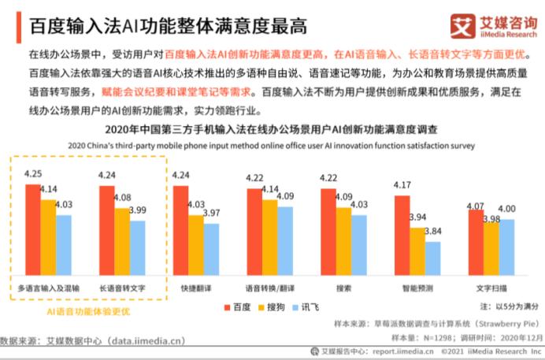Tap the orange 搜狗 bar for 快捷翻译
click(196, 245)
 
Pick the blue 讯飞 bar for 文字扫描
click(506, 247)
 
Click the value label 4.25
click(33, 173)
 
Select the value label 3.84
click(433, 232)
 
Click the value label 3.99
click(137, 210)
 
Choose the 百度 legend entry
click(235, 306)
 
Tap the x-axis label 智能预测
click(418, 288)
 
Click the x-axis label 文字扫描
click(491, 288)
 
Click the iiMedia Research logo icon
click(464, 25)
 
